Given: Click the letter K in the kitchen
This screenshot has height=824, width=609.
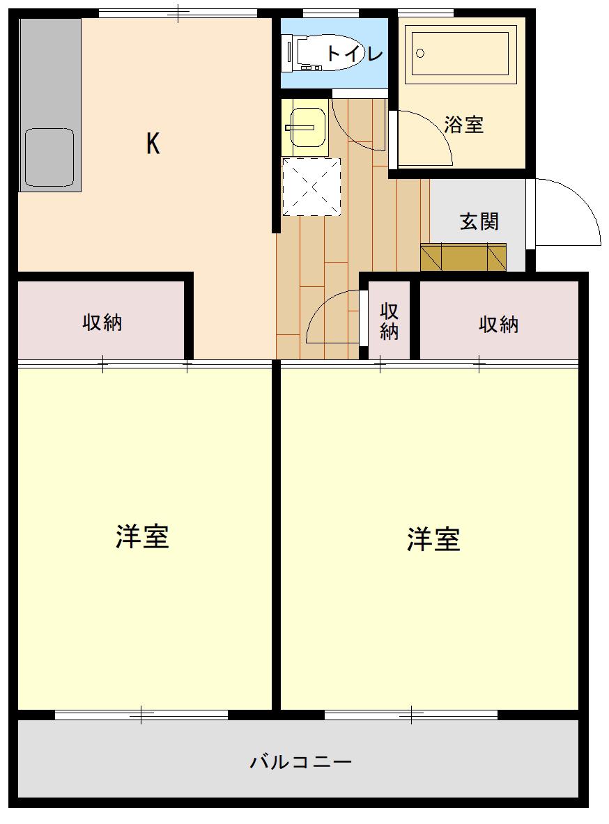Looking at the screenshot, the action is [153, 143].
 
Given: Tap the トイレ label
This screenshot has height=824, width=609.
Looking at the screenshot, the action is [355, 53].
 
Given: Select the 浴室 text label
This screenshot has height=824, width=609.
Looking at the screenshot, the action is [463, 125].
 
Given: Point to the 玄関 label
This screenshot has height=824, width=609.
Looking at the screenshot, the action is [479, 221].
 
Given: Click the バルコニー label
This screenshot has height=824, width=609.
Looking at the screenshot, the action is [300, 761].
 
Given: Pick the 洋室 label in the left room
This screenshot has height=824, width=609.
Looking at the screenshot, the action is [142, 536].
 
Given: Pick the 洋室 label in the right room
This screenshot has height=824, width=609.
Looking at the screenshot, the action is [433, 539].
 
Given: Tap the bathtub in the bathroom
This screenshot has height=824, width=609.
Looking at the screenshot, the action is [460, 53].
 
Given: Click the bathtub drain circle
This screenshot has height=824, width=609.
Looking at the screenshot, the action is [419, 53].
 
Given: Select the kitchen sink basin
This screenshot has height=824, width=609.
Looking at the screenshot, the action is [49, 157].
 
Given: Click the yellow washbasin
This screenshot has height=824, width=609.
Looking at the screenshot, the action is [304, 127].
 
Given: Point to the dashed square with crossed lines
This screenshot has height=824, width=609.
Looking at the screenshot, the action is [311, 187].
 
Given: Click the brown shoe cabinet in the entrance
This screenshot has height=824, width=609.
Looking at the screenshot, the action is [463, 257].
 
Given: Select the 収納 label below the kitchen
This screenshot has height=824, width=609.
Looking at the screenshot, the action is [102, 322].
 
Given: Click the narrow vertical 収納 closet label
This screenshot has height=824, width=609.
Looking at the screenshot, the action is [390, 321].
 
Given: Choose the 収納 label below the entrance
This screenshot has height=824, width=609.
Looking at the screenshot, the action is [499, 325].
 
